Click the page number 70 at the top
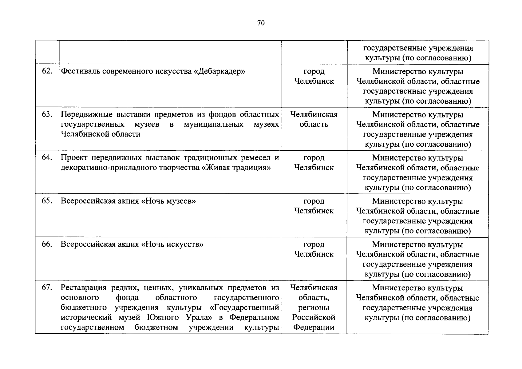point(261,23)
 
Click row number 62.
point(47,71)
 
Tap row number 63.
point(47,114)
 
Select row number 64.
point(47,158)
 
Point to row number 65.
point(47,201)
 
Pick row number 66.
point(47,244)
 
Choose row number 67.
point(47,288)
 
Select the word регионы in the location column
point(314,307)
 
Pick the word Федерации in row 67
point(314,327)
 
